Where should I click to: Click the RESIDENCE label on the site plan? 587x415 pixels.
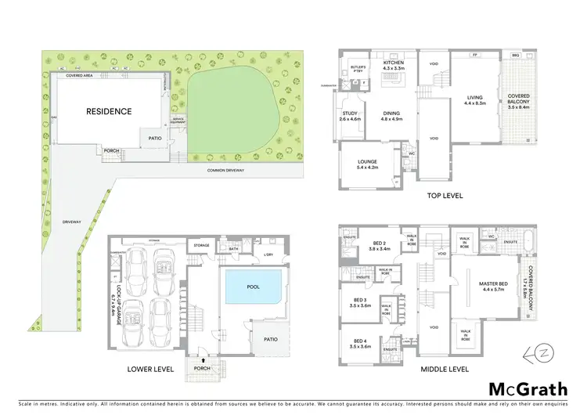[109, 111]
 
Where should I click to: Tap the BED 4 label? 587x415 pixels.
[362, 343]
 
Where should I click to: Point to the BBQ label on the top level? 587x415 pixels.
[514, 56]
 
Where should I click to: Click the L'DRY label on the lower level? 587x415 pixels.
[267, 254]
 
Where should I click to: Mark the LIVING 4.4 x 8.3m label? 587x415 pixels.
[475, 99]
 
